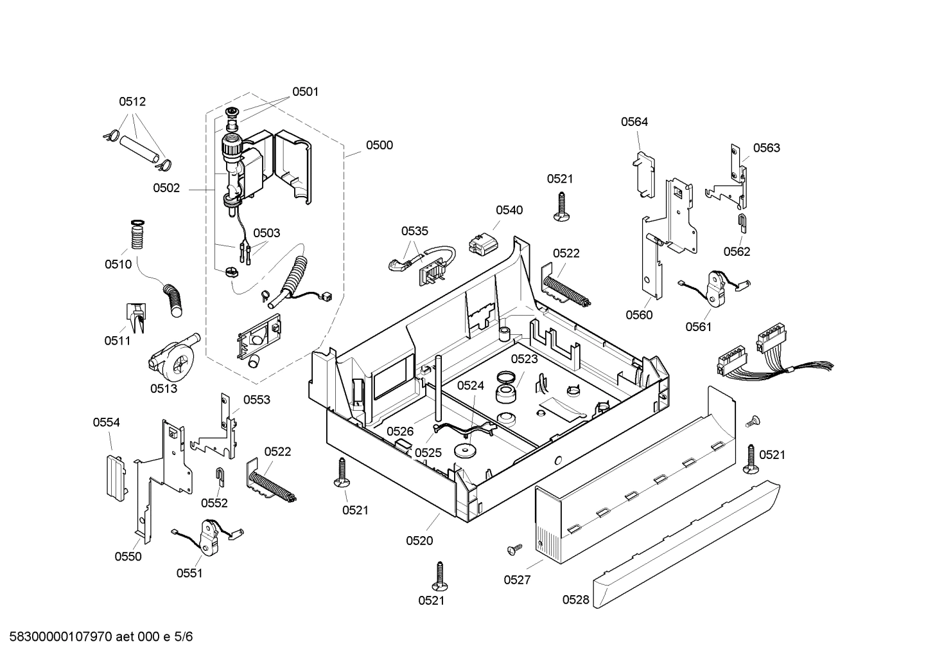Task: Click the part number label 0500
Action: point(379,145)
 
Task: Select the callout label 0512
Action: point(132,102)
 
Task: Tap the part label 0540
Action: point(509,210)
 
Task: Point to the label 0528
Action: point(575,600)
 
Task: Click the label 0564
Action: point(634,122)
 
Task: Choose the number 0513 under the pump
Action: point(164,388)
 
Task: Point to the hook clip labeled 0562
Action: point(742,225)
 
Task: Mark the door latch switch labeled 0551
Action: point(208,537)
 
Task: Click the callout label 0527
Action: point(517,580)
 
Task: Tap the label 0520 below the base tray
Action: point(419,541)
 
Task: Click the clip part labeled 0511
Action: point(135,317)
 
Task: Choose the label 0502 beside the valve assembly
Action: point(166,188)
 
